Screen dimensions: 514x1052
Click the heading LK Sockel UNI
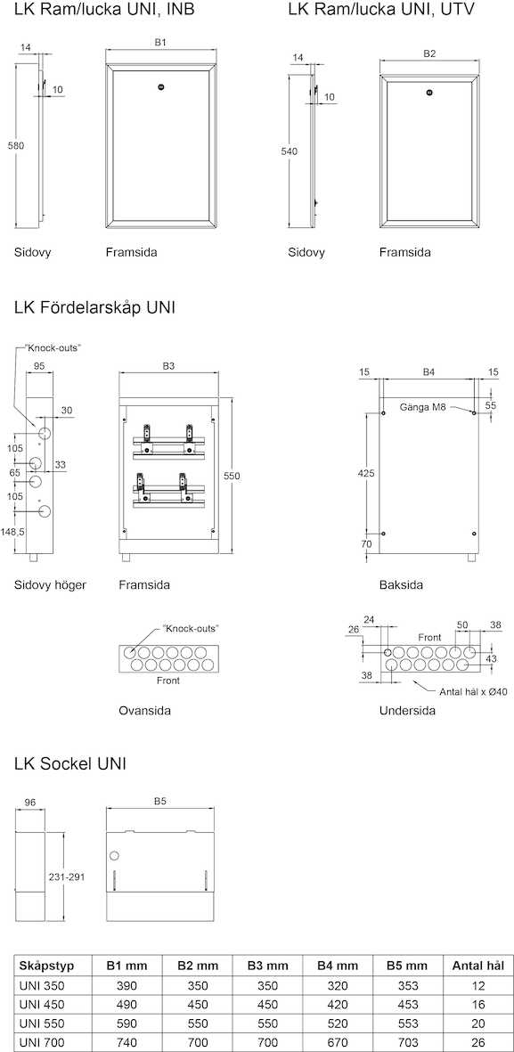[x=70, y=763]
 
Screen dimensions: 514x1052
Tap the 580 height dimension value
[x=16, y=145]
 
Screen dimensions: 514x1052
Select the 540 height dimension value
[x=289, y=151]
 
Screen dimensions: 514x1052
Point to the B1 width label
[x=160, y=42]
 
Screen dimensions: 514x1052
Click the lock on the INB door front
[x=160, y=86]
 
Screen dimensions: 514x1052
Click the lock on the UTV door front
[x=429, y=92]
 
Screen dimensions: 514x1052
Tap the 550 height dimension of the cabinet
[x=232, y=476]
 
